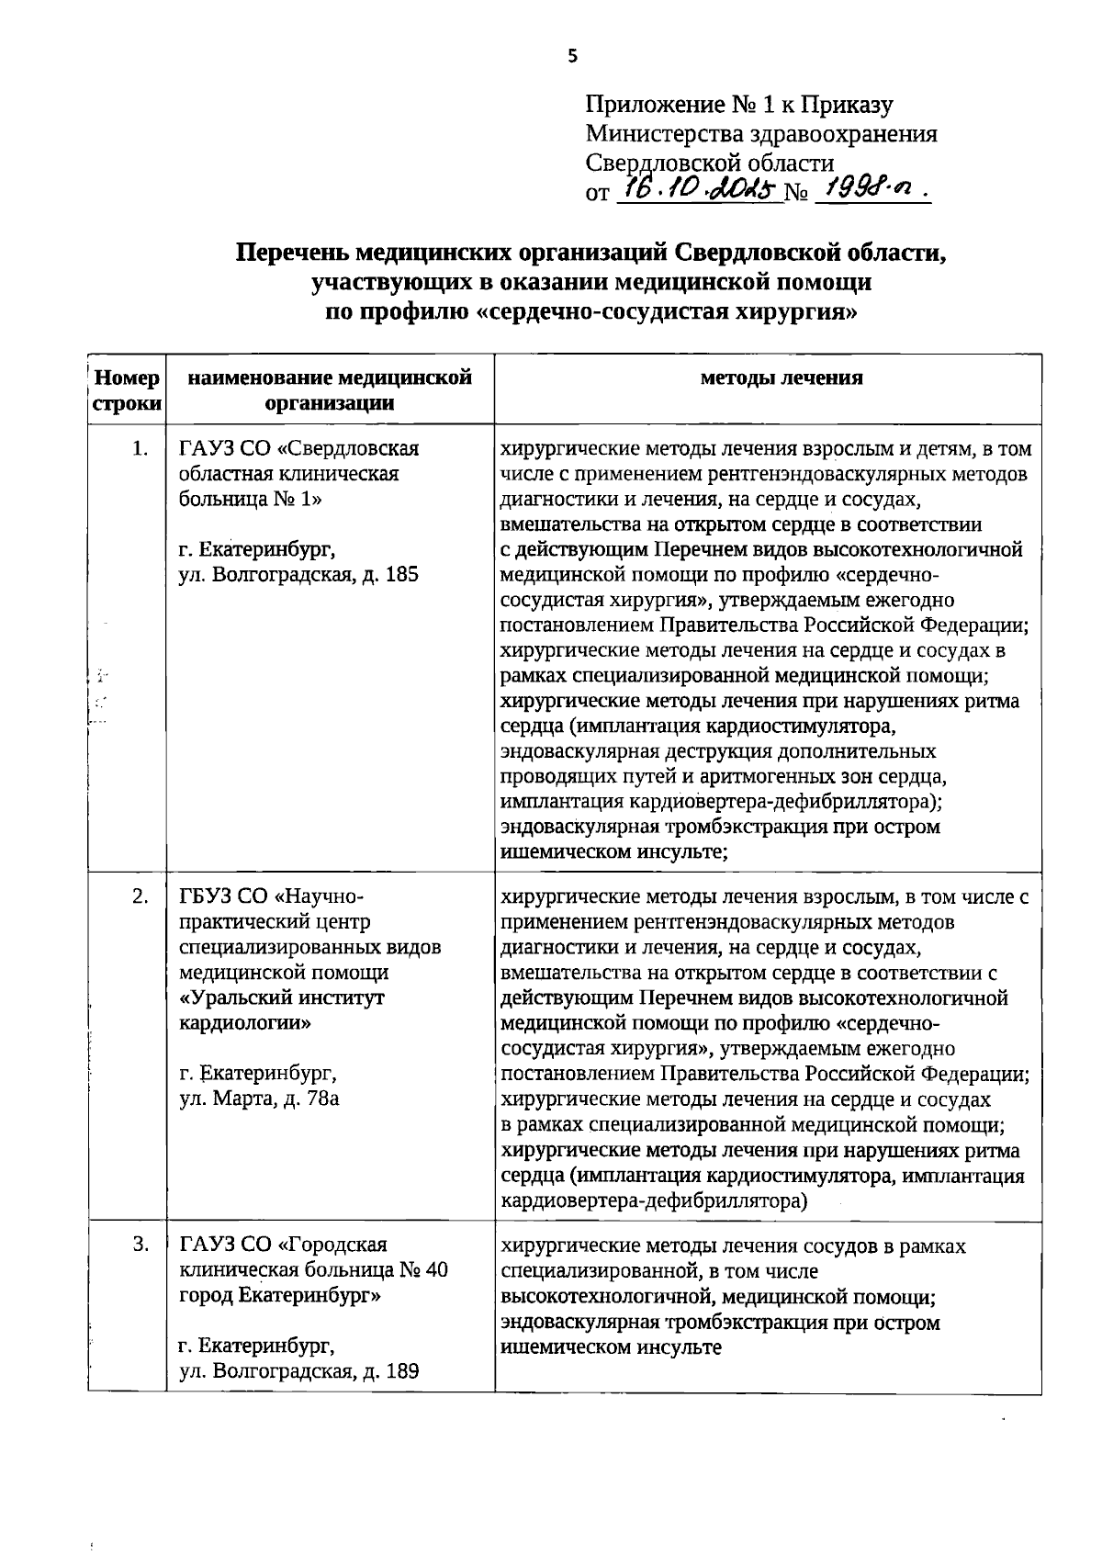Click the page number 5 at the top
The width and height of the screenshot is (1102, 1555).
[x=573, y=57]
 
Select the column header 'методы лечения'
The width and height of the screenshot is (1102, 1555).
[x=782, y=377]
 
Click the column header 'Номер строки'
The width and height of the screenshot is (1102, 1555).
[x=127, y=390]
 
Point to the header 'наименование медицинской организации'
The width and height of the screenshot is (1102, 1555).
[x=330, y=390]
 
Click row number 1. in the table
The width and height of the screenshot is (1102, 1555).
[x=140, y=448]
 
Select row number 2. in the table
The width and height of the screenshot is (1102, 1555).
[x=140, y=896]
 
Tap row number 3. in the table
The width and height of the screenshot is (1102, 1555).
[x=140, y=1245]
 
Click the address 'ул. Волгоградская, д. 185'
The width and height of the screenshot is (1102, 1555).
[x=298, y=576]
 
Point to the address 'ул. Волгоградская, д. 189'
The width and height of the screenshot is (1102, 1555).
[x=298, y=1372]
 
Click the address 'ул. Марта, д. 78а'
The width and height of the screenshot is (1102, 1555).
[x=259, y=1098]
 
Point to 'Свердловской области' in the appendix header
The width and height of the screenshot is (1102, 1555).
[x=710, y=163]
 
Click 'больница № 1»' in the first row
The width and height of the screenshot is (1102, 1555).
[x=251, y=499]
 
